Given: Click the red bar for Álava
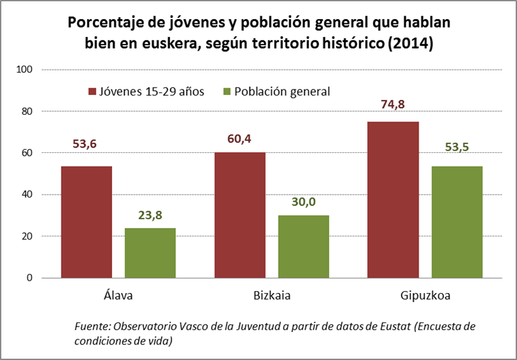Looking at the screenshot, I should coord(86,222).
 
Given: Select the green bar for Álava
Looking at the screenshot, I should coord(150,253).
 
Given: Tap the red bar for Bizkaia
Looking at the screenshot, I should coord(240,215).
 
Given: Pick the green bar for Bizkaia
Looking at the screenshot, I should coord(303,247).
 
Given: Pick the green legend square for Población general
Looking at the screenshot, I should coord(228,91).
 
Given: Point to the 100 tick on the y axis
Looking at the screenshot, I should coord(25,70).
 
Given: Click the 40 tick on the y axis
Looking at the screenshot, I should coord(28,195).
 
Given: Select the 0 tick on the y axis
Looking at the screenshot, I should coord(30,278).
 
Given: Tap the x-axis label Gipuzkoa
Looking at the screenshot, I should coord(425,296).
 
